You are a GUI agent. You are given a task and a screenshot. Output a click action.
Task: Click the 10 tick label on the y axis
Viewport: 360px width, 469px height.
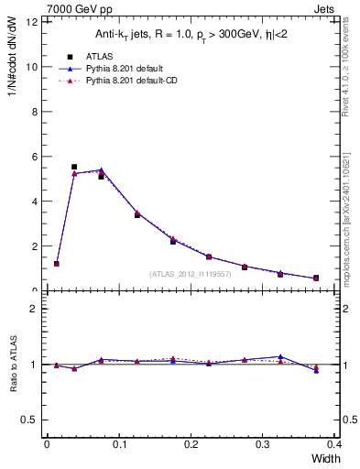click(33, 67)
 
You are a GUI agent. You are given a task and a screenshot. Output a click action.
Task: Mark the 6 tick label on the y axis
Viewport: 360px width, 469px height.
click(36, 157)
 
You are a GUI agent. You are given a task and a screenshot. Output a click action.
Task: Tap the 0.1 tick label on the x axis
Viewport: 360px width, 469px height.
click(119, 444)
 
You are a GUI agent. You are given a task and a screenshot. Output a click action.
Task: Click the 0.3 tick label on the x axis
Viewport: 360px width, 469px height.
click(263, 444)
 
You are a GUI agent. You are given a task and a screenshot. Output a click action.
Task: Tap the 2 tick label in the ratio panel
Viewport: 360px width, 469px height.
click(35, 309)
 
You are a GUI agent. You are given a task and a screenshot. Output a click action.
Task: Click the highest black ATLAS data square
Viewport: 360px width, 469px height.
click(74, 167)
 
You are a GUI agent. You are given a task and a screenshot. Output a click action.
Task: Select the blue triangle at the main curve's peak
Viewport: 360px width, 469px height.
click(101, 169)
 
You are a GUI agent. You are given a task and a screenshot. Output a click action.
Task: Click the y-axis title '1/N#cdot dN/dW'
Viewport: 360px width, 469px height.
click(14, 64)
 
